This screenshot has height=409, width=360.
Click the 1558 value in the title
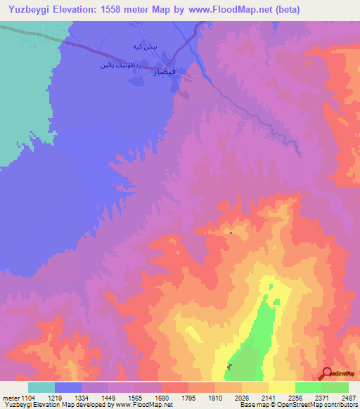click(x=130, y=10)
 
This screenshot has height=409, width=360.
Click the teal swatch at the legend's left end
click(x=41, y=387)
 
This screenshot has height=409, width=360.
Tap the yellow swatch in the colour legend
click(x=282, y=387)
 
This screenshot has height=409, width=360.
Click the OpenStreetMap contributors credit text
click(x=316, y=405)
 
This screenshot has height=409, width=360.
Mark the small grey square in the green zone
click(x=230, y=366)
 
